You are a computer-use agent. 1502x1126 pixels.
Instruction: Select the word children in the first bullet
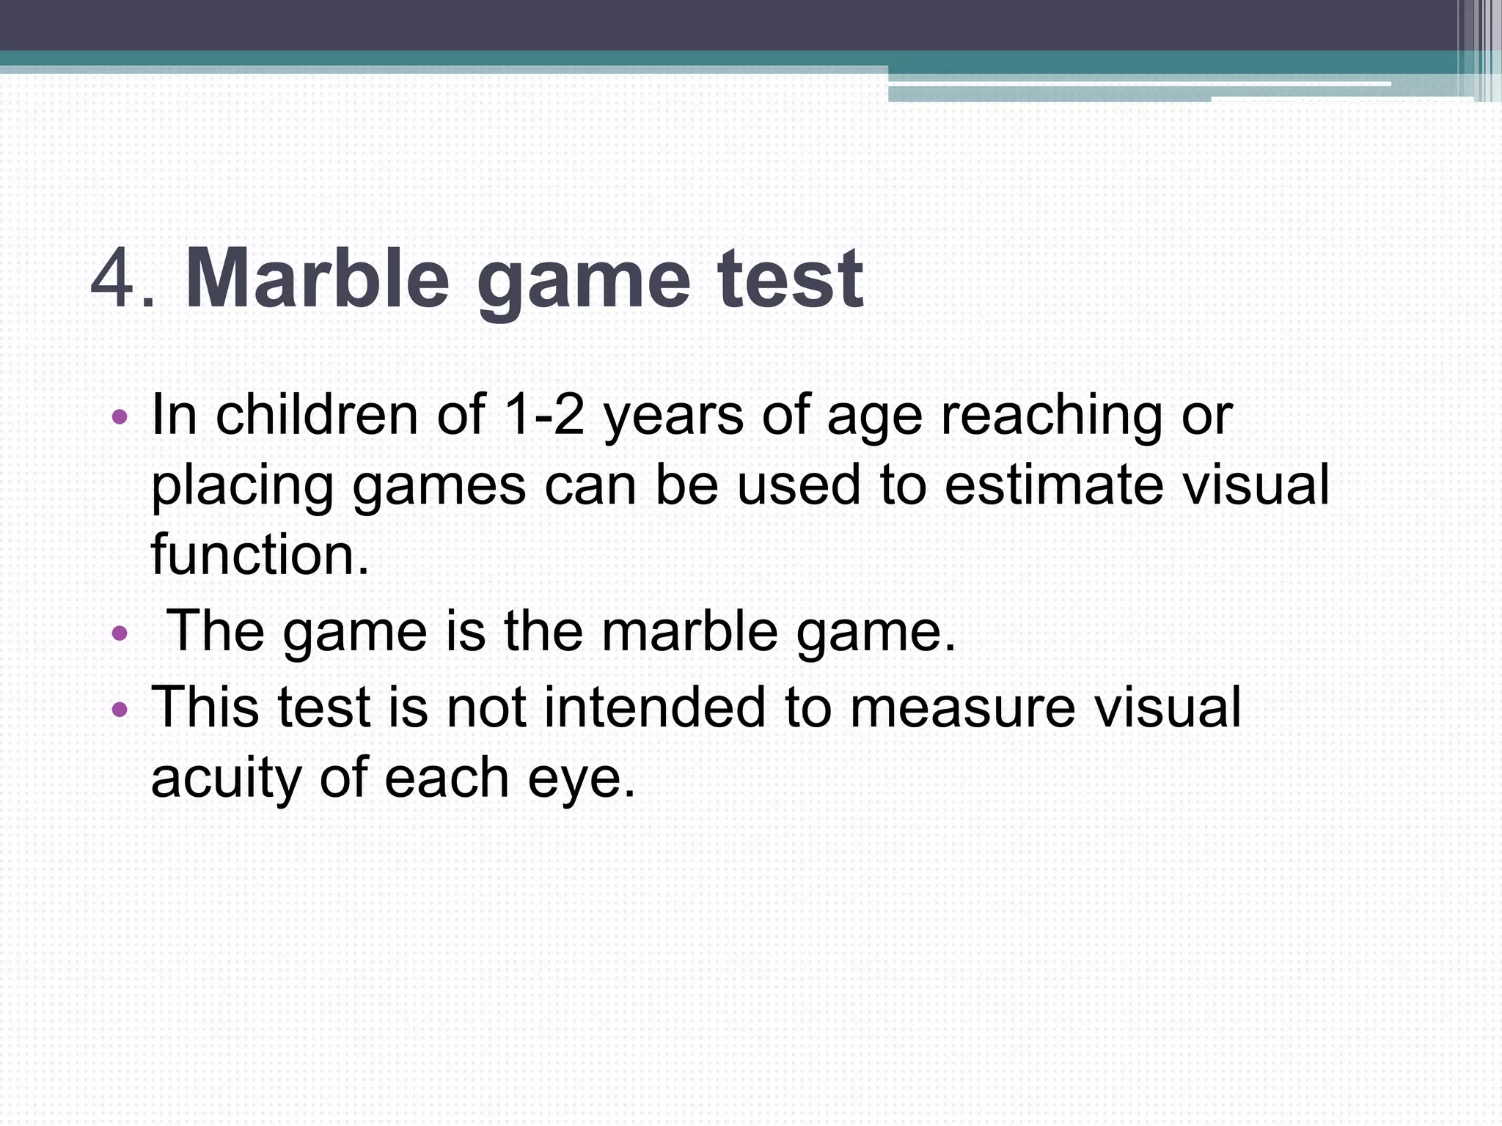pyautogui.click(x=317, y=415)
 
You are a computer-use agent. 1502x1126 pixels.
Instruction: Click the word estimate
pyautogui.click(x=1052, y=485)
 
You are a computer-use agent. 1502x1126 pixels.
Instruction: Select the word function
pyautogui.click(x=259, y=555)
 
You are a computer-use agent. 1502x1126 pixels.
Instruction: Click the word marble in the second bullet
pyautogui.click(x=689, y=631)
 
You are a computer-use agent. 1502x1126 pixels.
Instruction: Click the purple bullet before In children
pyautogui.click(x=120, y=419)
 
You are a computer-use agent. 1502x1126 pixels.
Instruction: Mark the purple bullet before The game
pyautogui.click(x=120, y=633)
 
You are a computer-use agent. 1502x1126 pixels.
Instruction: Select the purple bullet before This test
pyautogui.click(x=120, y=710)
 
